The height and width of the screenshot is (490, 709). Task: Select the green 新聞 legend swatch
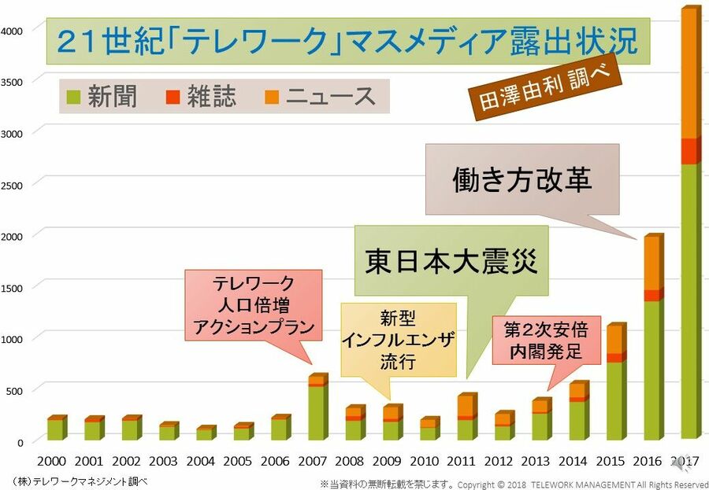coord(73,97)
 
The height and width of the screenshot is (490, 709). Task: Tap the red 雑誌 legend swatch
coord(173,97)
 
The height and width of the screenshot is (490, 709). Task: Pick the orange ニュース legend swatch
coord(272,97)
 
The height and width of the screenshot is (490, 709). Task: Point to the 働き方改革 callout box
coord(522,179)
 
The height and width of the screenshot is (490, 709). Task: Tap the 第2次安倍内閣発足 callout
coord(546,340)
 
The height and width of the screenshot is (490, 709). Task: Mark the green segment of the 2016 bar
coord(653,370)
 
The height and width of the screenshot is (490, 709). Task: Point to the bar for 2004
coord(205,433)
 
